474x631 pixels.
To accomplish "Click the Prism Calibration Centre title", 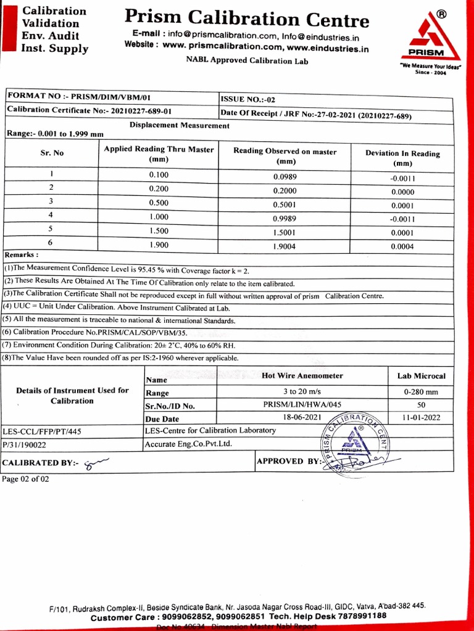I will [247, 18].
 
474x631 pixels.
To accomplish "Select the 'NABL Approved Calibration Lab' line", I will [247, 60].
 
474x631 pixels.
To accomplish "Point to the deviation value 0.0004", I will [402, 246].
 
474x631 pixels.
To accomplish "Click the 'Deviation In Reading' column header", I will [402, 158].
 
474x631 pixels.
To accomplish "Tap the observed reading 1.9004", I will [285, 246].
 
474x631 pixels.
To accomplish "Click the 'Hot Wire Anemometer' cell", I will [302, 375].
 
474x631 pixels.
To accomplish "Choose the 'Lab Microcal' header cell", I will [421, 375].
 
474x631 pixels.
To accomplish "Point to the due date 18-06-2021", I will [302, 417].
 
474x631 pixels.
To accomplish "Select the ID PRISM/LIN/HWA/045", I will [302, 405].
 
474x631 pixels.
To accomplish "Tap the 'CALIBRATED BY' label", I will [40, 462].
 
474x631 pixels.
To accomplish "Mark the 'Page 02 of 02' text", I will [25, 479].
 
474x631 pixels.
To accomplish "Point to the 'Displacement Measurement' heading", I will [179, 125].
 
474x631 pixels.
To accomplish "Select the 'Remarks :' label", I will [22, 254].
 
